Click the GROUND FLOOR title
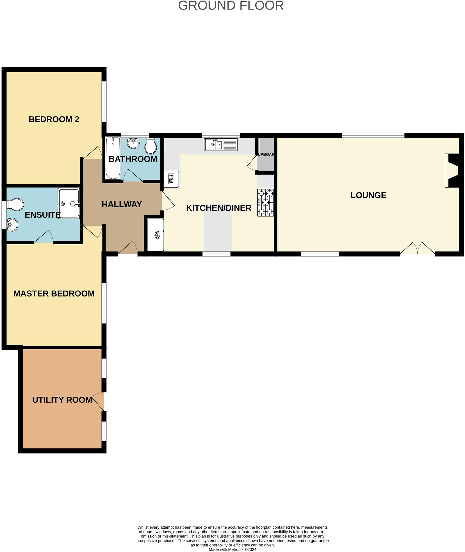point(231,6)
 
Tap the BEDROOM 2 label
point(54,119)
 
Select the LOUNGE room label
point(368,195)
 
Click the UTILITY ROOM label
point(62,400)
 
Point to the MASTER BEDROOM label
point(54,293)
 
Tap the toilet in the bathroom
point(151,146)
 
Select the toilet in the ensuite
point(15,204)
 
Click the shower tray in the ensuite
point(69,204)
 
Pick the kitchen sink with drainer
point(220,145)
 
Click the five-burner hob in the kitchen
point(265,202)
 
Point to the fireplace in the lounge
point(452,170)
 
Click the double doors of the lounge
point(417,248)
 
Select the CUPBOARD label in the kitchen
point(265,154)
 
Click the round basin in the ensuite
point(12,225)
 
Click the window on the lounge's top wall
point(373,135)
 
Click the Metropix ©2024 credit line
point(232,549)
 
